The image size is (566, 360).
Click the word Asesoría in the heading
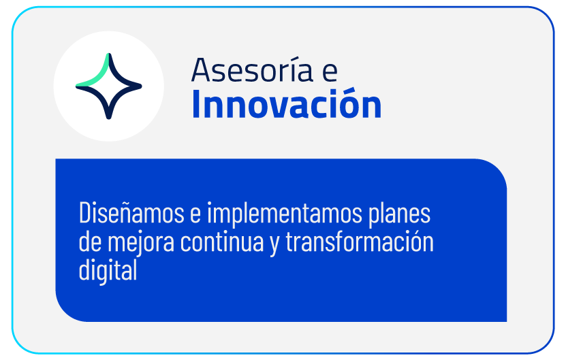252,69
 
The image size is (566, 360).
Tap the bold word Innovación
287,103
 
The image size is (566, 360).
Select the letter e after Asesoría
330,72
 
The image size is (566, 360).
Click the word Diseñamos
131,213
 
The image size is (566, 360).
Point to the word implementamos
285,214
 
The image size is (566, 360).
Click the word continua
222,242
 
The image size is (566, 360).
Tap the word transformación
360,241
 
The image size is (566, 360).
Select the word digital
108,270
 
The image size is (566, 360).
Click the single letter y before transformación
274,245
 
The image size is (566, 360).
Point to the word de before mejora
90,242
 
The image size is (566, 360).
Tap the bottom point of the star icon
109,117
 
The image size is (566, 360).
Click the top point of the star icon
109,55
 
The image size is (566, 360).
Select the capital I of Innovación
196,105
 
